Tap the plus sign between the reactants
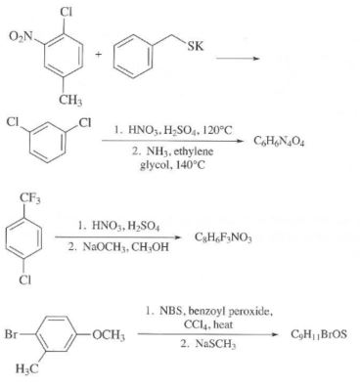94,56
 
